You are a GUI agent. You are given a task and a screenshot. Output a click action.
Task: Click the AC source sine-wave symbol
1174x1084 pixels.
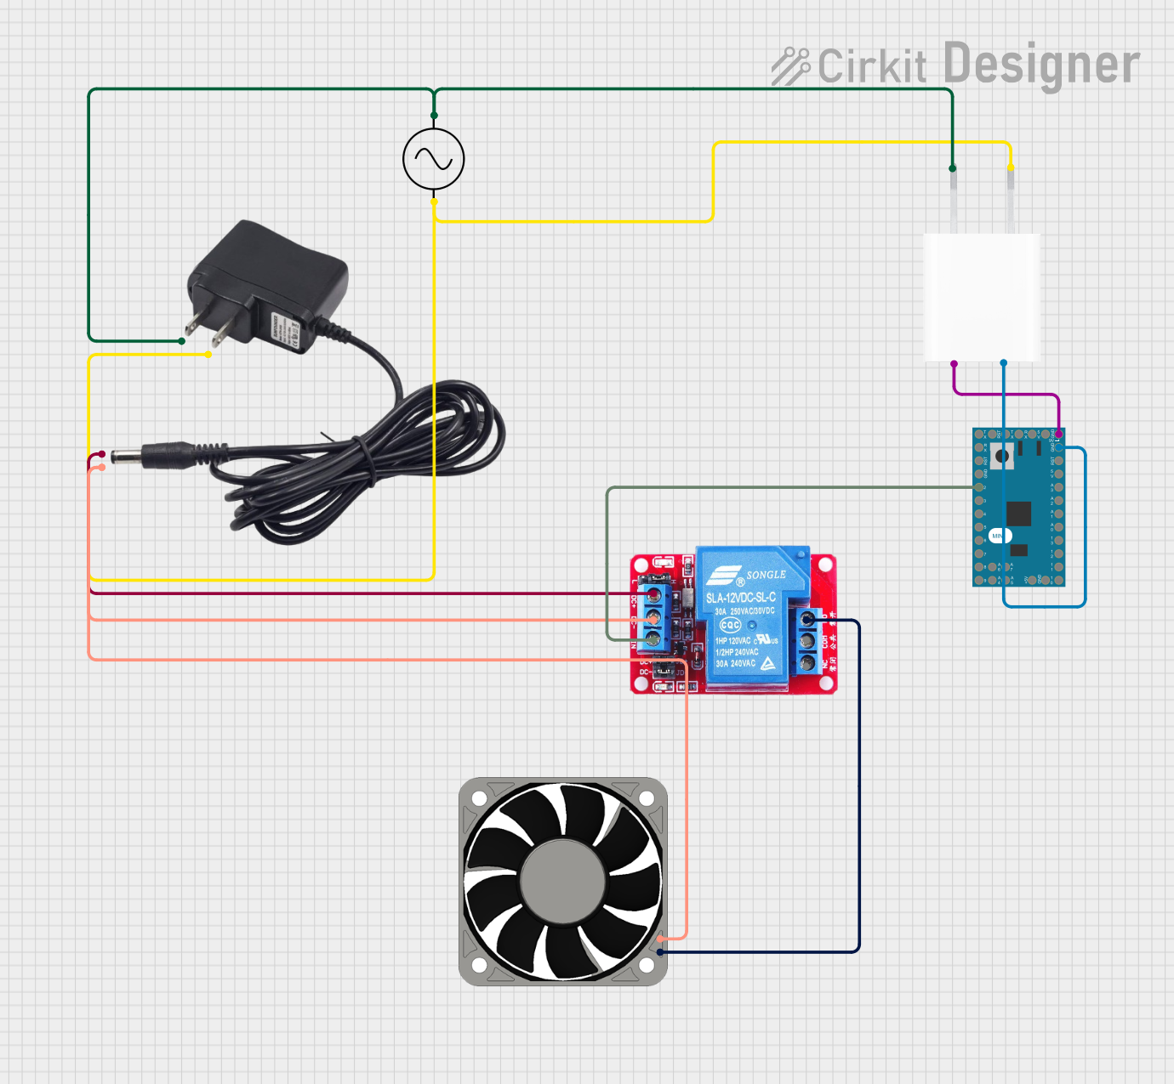pos(434,159)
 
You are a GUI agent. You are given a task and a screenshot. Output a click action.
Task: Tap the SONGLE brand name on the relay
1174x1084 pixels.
pos(766,575)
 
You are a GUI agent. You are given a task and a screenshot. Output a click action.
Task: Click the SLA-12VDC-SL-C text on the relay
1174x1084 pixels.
pos(741,598)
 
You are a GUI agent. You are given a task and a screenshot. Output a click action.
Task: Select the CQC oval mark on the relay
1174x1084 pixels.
pos(730,625)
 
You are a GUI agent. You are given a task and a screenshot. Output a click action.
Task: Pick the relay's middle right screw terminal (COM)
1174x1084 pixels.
pos(807,640)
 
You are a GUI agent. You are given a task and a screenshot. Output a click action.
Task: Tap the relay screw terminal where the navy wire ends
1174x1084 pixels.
pos(807,621)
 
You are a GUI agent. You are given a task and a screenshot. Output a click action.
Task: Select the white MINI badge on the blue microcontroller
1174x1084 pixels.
pos(1000,536)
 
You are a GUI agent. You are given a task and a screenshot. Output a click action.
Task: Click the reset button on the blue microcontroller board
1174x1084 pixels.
pos(1002,456)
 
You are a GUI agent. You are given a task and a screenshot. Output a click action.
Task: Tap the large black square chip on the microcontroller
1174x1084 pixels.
pos(1018,514)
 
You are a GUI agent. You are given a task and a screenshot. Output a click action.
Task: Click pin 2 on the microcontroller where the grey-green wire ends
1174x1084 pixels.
pos(978,487)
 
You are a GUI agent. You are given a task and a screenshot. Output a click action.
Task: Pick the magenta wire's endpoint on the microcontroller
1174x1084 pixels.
pos(1058,434)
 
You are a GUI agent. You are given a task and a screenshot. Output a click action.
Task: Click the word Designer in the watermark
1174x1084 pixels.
pos(1041,65)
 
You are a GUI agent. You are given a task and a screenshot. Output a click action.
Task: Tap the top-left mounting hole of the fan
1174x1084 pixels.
pos(479,798)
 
